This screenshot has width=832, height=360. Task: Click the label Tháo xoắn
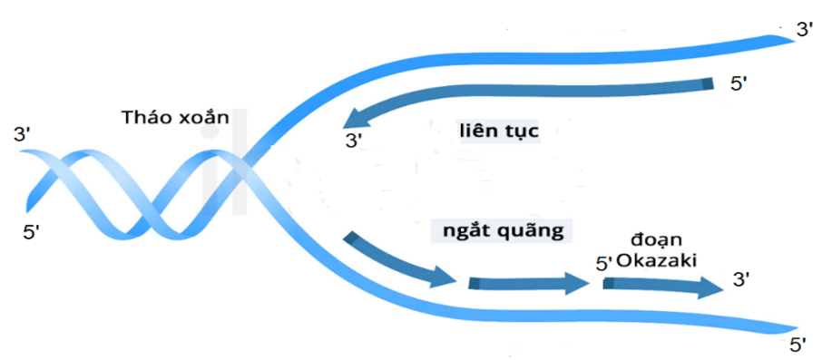176,117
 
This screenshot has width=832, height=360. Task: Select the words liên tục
498,131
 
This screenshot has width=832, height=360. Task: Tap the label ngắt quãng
504,232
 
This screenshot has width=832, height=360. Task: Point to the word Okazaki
657,260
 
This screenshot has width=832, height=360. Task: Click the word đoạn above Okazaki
656,240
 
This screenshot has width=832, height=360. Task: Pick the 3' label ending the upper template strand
805,30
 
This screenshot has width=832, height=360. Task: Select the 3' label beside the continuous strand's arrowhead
354,141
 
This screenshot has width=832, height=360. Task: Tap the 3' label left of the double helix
23,135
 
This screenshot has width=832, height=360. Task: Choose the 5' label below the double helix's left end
32,232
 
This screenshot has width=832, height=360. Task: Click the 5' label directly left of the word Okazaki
604,263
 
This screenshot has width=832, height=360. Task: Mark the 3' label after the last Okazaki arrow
740,280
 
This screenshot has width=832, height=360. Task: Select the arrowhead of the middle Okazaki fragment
577,283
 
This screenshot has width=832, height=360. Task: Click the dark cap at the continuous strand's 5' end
707,85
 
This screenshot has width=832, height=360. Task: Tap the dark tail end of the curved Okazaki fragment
351,238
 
